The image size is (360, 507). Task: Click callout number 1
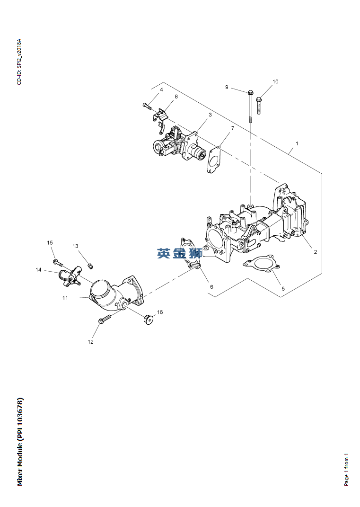pyautogui.click(x=297, y=143)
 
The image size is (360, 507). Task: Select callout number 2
pyautogui.click(x=315, y=252)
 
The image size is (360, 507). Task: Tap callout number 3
pyautogui.click(x=210, y=115)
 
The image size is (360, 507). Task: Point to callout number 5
pyautogui.click(x=283, y=288)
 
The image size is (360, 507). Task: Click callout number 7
pyautogui.click(x=232, y=129)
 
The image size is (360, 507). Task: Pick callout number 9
pyautogui.click(x=227, y=87)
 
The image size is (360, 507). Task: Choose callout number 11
pyautogui.click(x=65, y=298)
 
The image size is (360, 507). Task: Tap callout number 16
pyautogui.click(x=160, y=312)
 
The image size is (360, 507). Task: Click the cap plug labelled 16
pyautogui.click(x=148, y=320)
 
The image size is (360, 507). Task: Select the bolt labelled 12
pyautogui.click(x=105, y=320)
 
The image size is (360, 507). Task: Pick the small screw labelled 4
pyautogui.click(x=147, y=106)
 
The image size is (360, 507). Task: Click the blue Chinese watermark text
pyautogui.click(x=179, y=253)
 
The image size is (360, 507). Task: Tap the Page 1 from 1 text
pyautogui.click(x=346, y=469)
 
